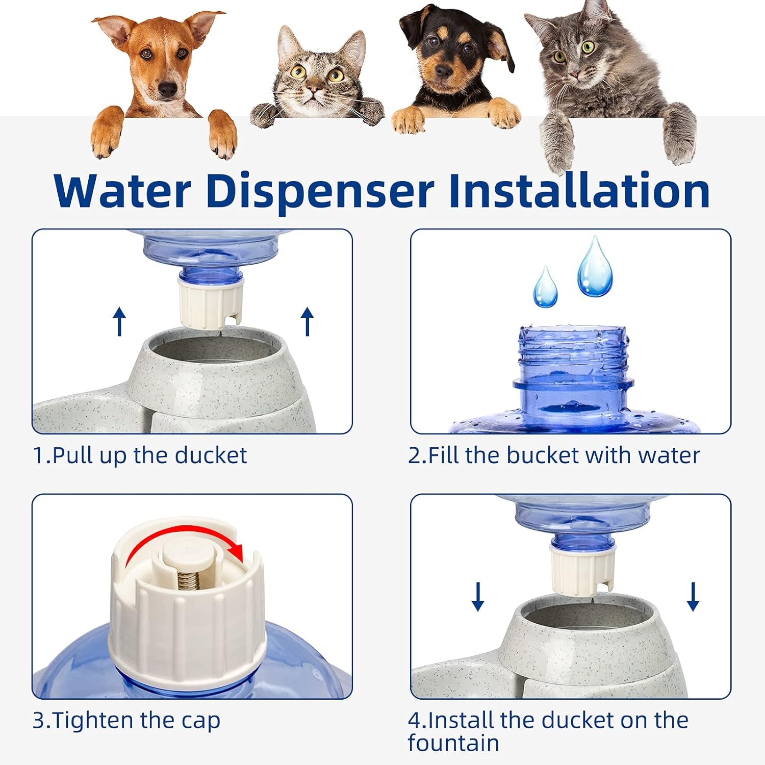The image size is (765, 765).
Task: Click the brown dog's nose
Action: (x=168, y=90)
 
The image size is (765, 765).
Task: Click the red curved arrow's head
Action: (x=236, y=551)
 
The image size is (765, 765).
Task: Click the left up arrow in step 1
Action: (x=119, y=321)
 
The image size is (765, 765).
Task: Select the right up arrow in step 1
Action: (x=307, y=321)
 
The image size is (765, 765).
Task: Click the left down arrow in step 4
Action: (x=478, y=597)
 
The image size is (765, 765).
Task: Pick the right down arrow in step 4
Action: (x=693, y=597)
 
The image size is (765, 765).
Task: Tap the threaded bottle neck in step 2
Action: (x=572, y=352)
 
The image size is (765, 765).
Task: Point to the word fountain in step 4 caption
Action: (x=453, y=743)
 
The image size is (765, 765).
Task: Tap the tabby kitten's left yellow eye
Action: (x=298, y=71)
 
